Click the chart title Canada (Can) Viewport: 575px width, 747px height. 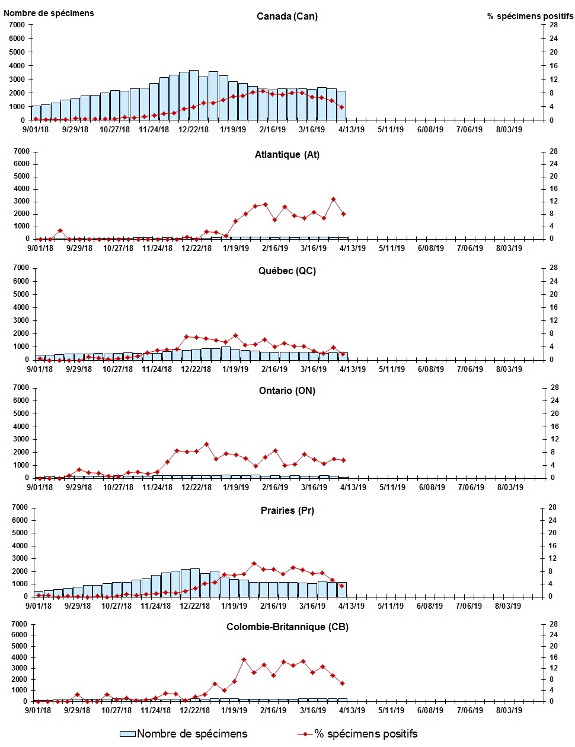287,16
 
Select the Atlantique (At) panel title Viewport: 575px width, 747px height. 287,155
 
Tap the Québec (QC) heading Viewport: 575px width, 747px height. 287,271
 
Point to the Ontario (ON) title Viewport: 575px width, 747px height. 287,391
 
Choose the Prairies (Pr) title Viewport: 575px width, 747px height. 287,511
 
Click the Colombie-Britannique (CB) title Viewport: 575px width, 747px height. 287,627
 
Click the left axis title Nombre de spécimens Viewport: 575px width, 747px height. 49,12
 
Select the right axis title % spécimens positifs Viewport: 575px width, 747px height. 530,16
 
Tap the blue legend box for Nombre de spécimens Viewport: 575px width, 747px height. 127,734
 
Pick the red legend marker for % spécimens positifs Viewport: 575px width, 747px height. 305,734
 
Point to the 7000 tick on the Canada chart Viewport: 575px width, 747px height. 17,25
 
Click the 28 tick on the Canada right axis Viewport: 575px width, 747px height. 554,25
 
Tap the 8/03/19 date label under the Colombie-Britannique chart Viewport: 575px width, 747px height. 508,710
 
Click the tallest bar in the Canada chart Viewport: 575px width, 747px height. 193,95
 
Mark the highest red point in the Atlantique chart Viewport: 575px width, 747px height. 334,199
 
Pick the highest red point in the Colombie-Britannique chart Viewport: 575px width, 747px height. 244,659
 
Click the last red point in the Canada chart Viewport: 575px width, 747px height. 342,107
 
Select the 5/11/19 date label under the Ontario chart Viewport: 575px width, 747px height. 392,487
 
